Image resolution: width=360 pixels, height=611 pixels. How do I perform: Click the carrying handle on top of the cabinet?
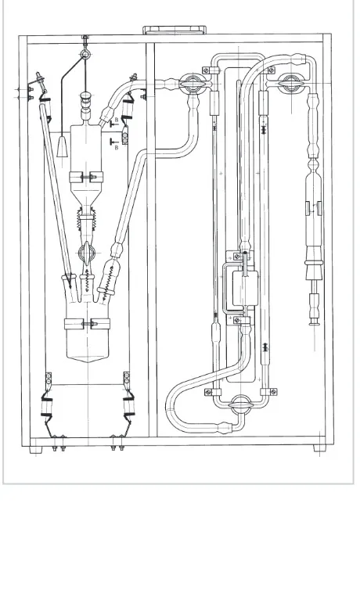tap(175, 30)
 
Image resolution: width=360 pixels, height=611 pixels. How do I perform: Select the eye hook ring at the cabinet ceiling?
tap(85, 54)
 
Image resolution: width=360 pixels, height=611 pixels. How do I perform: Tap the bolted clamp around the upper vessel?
tap(86, 178)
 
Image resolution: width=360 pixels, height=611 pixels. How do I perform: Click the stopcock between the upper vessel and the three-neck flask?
tap(86, 253)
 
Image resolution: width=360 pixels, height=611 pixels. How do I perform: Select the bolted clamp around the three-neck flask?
tap(88, 323)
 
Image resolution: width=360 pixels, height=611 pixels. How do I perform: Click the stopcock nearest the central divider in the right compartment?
tap(193, 83)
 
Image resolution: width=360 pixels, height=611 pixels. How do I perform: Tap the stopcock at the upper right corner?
tap(290, 84)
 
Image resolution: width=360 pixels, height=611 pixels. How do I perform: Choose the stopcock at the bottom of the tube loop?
tap(241, 405)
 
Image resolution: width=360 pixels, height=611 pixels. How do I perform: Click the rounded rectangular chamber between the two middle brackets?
tap(245, 289)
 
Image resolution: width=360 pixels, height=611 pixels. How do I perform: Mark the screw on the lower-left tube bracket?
tap(208, 392)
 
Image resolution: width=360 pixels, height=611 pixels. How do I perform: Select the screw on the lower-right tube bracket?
tap(274, 392)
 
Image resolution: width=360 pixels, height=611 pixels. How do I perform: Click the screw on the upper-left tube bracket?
tap(206, 70)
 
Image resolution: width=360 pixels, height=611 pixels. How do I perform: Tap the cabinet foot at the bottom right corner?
tap(320, 448)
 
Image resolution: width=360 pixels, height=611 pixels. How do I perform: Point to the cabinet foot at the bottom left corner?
tap(36, 450)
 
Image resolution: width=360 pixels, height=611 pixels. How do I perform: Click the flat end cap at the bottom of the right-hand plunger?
tap(315, 323)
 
